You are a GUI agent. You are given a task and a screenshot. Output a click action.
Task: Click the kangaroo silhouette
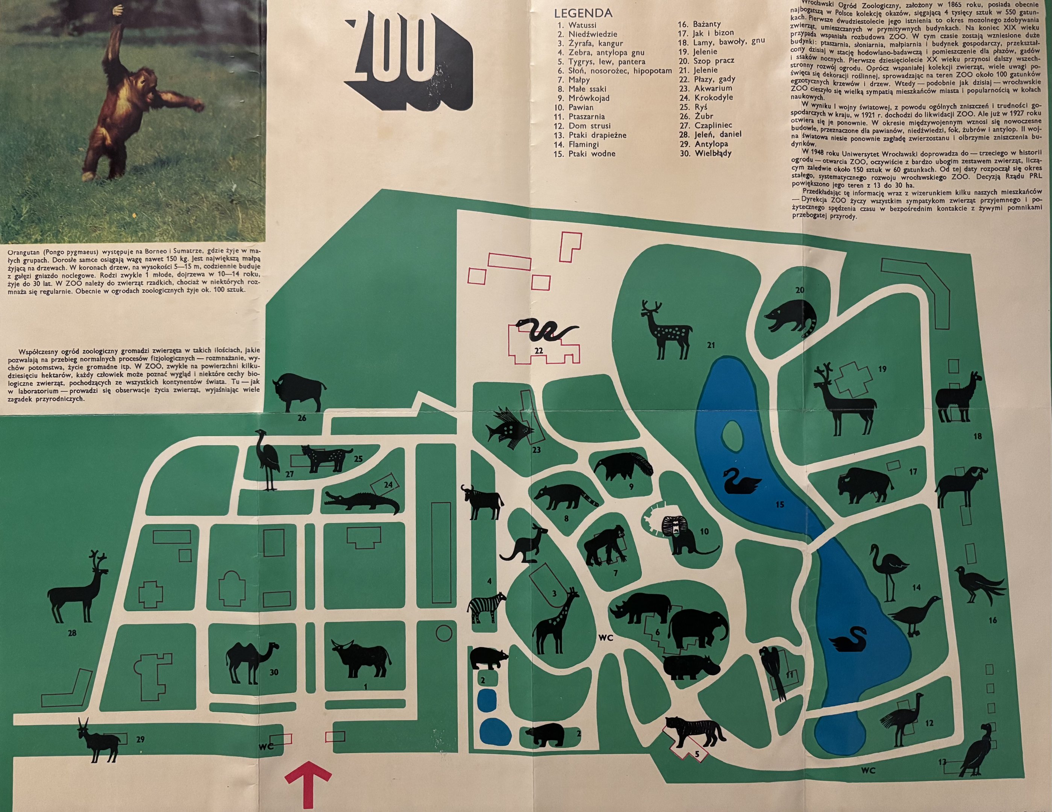point(525,544)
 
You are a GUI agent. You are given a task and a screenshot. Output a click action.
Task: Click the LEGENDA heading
point(583,13)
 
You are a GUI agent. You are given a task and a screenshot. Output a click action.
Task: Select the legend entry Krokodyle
point(713,97)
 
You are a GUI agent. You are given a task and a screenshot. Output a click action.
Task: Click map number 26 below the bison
point(302,418)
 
